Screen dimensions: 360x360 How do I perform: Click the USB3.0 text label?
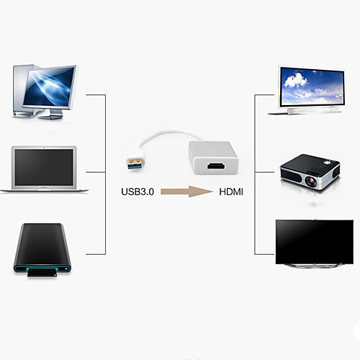point(138,192)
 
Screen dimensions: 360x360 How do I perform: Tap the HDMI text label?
point(231,192)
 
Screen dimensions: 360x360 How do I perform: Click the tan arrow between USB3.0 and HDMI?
point(186,192)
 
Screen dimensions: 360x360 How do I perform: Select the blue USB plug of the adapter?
point(135,163)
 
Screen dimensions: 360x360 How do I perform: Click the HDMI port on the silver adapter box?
point(216,166)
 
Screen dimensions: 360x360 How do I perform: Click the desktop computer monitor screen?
point(49,87)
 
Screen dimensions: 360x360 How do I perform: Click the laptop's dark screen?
point(44,167)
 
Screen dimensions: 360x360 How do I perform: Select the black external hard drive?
point(42,248)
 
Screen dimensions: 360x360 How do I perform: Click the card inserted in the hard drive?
point(42,273)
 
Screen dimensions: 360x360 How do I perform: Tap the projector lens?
point(311,181)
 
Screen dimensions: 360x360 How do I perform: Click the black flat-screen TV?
point(315,242)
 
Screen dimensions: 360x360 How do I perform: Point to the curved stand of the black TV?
point(315,266)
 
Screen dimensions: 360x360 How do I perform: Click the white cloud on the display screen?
point(295,80)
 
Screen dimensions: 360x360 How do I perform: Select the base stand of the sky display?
point(305,111)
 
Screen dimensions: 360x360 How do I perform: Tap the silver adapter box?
point(213,158)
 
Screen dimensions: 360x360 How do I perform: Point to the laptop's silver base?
point(44,190)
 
